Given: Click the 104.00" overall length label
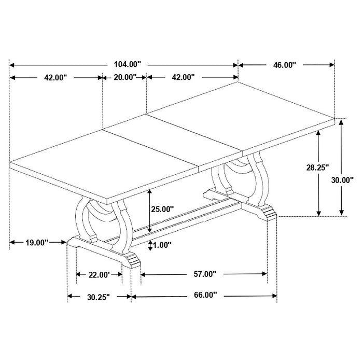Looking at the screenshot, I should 127,65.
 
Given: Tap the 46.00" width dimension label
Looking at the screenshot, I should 284,65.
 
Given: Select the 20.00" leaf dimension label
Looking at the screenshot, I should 124,78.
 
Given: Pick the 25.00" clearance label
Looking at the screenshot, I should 162,210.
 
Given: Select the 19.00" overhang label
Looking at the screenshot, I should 36,242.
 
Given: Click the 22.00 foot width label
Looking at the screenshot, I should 99,275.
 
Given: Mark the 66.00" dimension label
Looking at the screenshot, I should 204,296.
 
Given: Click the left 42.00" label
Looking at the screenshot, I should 56,78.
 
